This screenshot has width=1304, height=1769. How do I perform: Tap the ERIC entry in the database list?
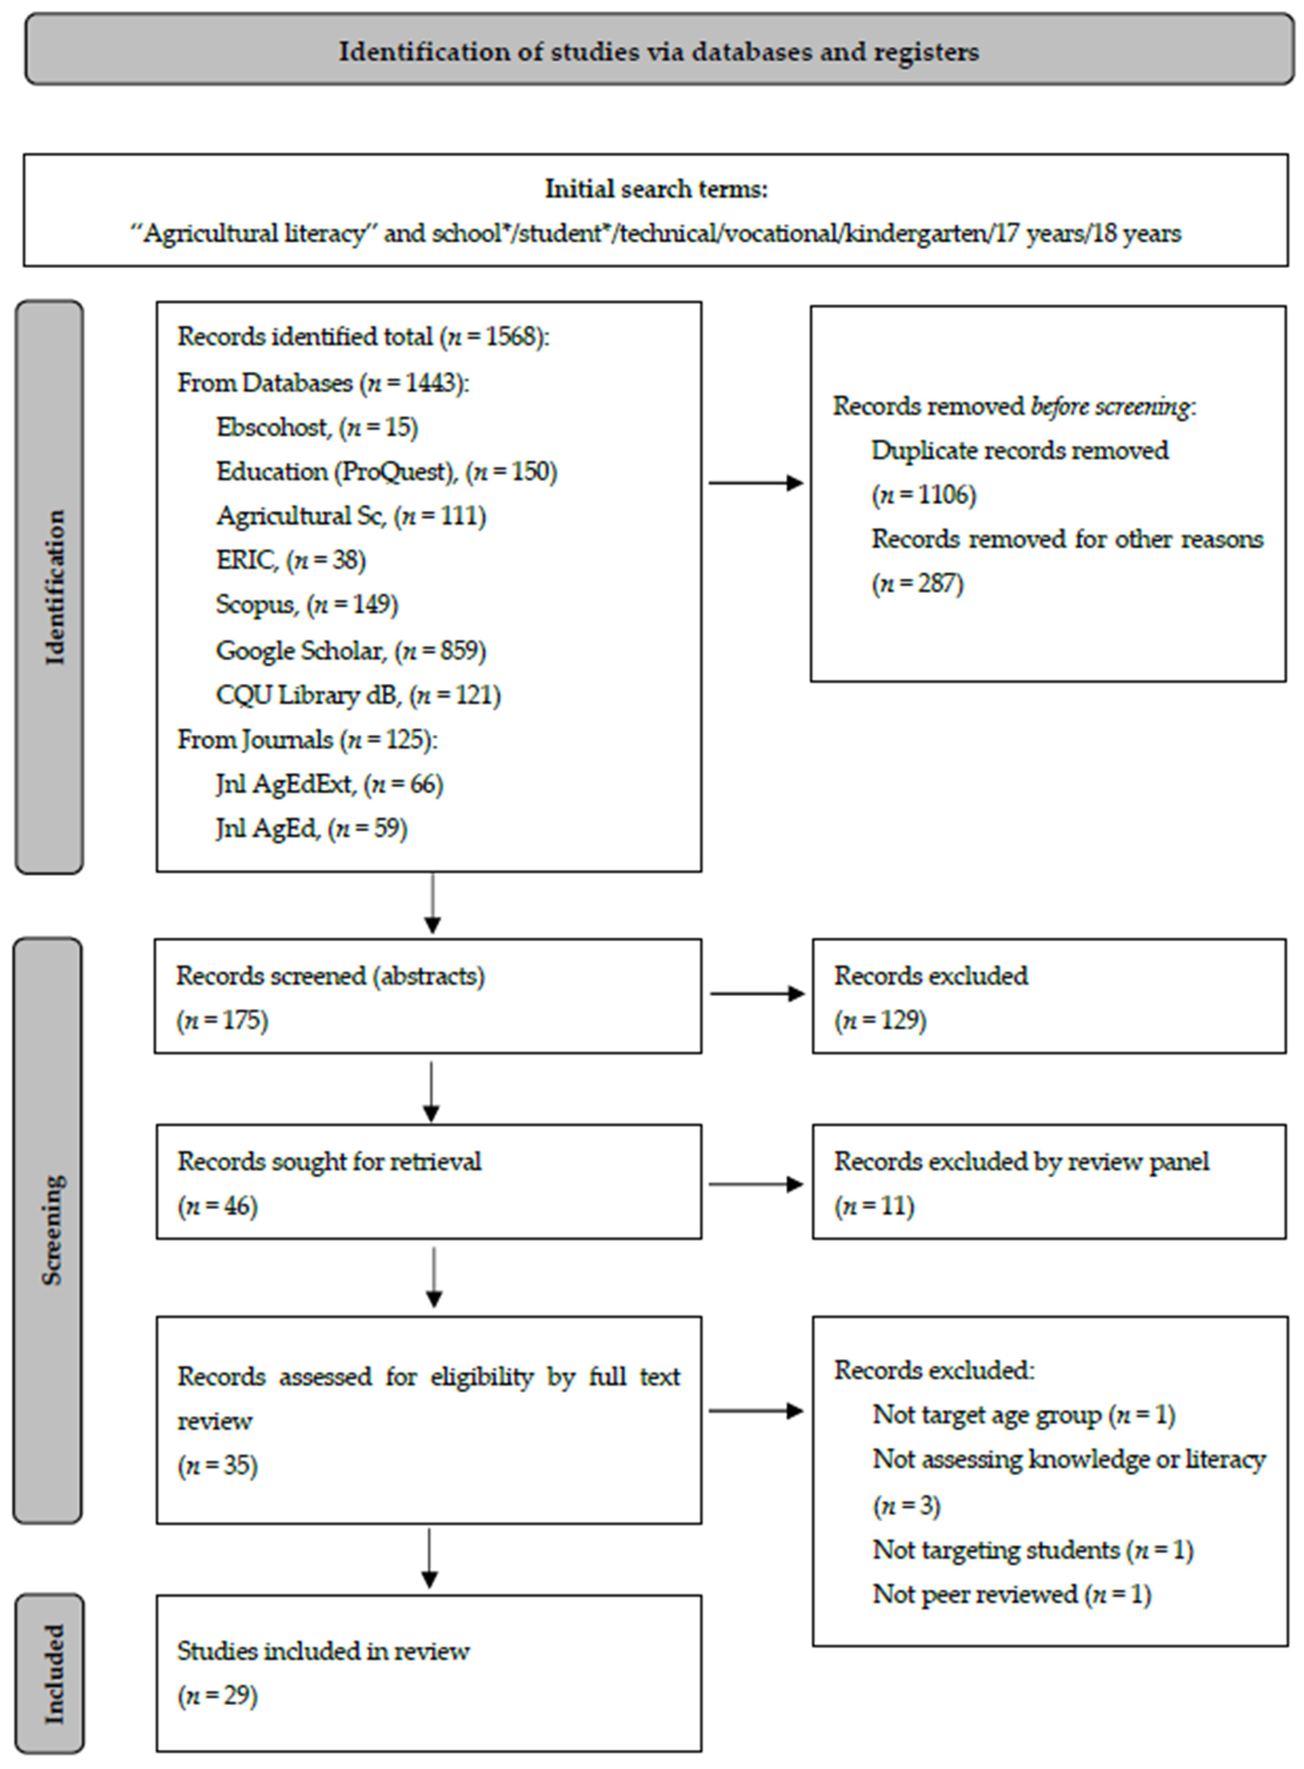(x=291, y=560)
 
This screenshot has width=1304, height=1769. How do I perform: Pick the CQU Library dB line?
(x=357, y=695)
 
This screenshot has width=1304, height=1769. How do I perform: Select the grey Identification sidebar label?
(x=50, y=587)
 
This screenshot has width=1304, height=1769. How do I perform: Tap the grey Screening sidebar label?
(x=50, y=1231)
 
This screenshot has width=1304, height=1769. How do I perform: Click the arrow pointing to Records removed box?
(x=755, y=483)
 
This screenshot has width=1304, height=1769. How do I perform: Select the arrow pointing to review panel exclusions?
(x=755, y=1184)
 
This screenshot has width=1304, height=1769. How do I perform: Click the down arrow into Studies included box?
(x=429, y=1558)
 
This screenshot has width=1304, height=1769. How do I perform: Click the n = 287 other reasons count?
(x=917, y=584)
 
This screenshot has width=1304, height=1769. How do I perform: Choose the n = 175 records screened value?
(x=222, y=1020)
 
